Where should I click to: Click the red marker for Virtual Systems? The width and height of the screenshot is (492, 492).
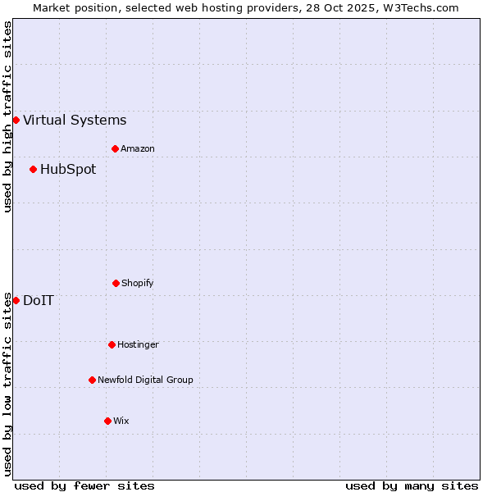(16, 120)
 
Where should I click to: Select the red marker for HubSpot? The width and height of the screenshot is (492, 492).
(33, 169)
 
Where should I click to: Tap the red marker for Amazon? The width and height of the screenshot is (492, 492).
(115, 148)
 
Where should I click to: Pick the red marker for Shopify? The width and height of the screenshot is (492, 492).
(116, 283)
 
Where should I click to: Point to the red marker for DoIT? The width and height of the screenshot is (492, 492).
(16, 300)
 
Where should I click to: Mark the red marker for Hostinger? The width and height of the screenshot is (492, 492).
(112, 344)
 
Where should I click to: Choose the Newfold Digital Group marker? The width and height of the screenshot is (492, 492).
(92, 380)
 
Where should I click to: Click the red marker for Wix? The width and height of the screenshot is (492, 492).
(107, 421)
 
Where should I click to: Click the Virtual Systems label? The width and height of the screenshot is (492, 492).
(75, 120)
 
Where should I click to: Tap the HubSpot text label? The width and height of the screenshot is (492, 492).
(68, 169)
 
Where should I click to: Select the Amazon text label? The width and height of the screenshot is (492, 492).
(138, 148)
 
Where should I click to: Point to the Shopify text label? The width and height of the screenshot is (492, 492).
(138, 283)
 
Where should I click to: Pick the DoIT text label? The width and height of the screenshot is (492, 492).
(39, 300)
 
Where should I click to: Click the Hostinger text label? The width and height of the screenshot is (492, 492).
(138, 344)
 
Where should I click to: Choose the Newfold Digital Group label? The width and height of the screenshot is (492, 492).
(145, 380)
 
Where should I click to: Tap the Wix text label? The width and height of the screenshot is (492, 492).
(121, 421)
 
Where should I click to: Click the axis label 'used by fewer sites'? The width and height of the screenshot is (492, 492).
(84, 485)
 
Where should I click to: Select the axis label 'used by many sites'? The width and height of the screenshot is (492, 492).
(412, 485)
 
